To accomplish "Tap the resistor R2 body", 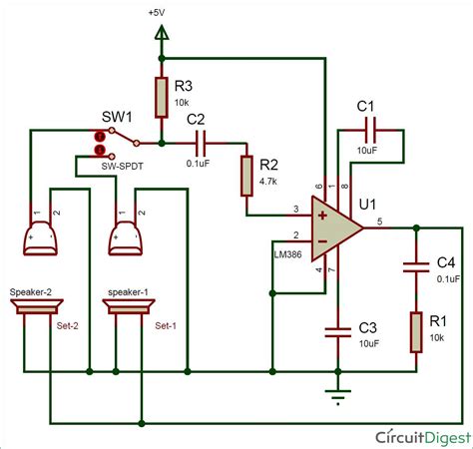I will click(x=246, y=176).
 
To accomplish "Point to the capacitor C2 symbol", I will click(x=203, y=138).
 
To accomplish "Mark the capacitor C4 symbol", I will click(x=413, y=265).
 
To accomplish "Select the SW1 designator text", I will click(x=113, y=117).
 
